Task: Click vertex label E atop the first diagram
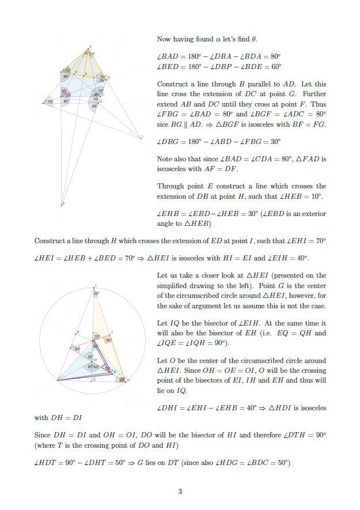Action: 89,47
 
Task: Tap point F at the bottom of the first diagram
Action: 63,205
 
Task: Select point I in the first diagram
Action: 142,137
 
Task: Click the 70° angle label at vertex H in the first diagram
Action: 50,101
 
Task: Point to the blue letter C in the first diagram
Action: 103,94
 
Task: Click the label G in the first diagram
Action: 101,101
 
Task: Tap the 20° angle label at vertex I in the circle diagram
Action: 96,294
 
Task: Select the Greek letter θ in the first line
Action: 254,39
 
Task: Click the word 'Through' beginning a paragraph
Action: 170,186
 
